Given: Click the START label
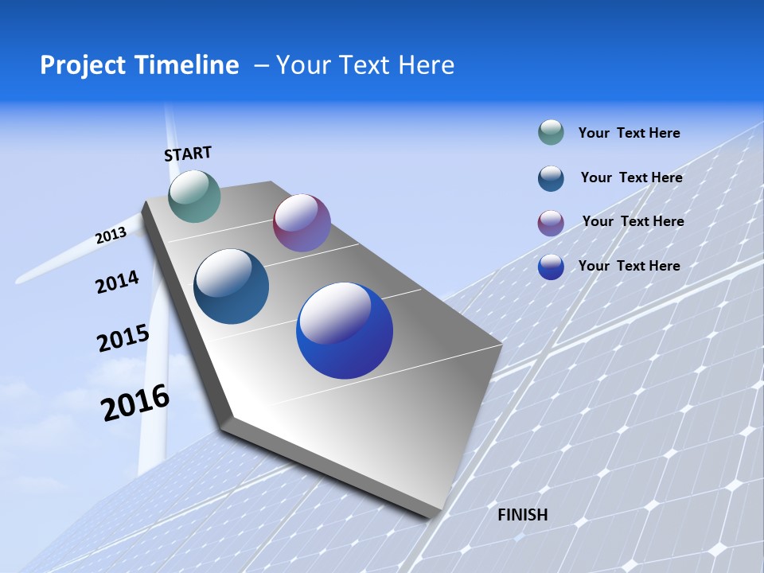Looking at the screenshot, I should pyautogui.click(x=188, y=154).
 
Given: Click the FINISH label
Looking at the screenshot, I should pyautogui.click(x=522, y=515).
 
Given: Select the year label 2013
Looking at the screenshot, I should pyautogui.click(x=111, y=236).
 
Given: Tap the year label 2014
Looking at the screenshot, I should pyautogui.click(x=117, y=283).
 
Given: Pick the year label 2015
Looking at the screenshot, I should pyautogui.click(x=123, y=338).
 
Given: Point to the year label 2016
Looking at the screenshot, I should pyautogui.click(x=135, y=403).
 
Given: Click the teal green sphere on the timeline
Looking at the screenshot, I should pyautogui.click(x=194, y=196).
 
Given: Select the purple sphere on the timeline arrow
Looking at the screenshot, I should pyautogui.click(x=302, y=223).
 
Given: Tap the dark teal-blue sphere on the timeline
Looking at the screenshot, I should pyautogui.click(x=231, y=286).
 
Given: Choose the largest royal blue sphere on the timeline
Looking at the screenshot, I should pyautogui.click(x=345, y=330).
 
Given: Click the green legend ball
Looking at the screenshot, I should pyautogui.click(x=551, y=132).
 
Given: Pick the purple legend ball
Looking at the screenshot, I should pyautogui.click(x=551, y=223).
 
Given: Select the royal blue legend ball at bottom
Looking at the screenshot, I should pyautogui.click(x=551, y=267).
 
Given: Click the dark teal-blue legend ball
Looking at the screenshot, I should pyautogui.click(x=551, y=178).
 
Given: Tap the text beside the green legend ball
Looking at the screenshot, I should pyautogui.click(x=629, y=133).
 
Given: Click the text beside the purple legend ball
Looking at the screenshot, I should pyautogui.click(x=633, y=221).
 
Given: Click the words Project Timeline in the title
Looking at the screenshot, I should pyautogui.click(x=139, y=65).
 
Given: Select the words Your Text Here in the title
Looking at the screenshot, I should pyautogui.click(x=365, y=65).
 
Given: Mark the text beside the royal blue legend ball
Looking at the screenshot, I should pyautogui.click(x=629, y=266).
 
